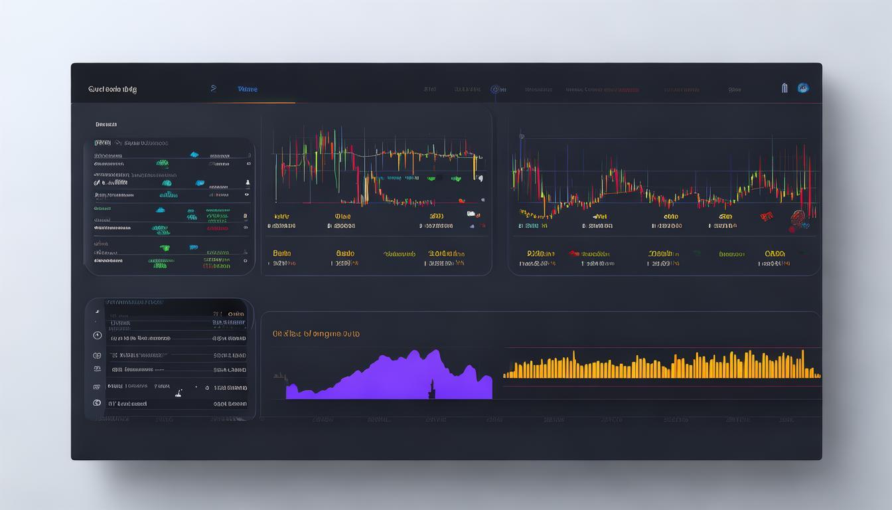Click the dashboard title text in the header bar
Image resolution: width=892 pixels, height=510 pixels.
(x=112, y=89)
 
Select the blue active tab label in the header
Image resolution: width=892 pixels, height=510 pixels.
(x=248, y=89)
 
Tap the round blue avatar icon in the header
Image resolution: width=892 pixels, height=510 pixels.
(x=803, y=88)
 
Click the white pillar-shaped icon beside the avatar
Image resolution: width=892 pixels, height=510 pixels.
(x=784, y=88)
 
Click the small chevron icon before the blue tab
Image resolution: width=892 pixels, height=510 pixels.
(x=213, y=88)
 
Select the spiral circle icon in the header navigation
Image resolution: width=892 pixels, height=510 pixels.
(x=494, y=89)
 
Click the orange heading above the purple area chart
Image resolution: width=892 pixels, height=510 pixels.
(x=316, y=334)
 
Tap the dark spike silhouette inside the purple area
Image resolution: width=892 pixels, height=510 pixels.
(x=432, y=390)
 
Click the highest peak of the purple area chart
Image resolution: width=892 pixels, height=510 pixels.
(x=435, y=351)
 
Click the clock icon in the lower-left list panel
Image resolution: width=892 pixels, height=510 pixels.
(x=97, y=335)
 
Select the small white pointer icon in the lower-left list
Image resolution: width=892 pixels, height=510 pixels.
(x=178, y=393)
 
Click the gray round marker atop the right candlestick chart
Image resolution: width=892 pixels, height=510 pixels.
(x=522, y=137)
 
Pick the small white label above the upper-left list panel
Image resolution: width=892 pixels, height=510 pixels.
(x=106, y=124)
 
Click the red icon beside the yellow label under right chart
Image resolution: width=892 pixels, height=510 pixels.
(x=573, y=254)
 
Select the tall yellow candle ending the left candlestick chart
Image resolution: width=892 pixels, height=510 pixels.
(x=475, y=167)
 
